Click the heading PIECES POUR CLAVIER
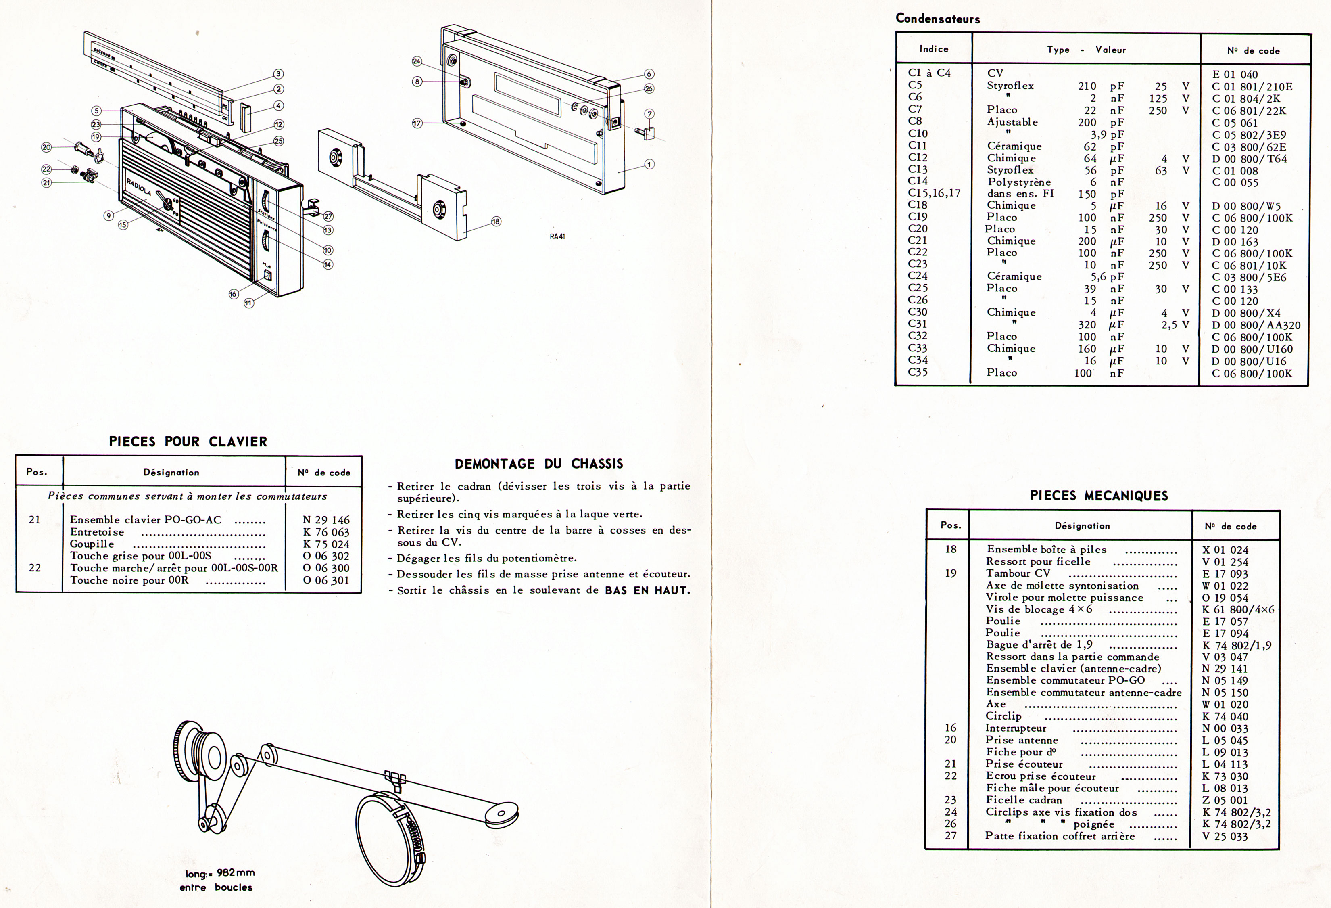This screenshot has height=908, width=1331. click(188, 441)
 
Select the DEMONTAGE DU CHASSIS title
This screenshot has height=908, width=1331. click(538, 464)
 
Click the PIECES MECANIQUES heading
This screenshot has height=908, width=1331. click(1098, 496)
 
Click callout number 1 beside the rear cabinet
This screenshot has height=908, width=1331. click(649, 164)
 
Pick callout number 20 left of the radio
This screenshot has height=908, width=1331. click(46, 147)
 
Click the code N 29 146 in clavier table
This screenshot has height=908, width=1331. click(326, 520)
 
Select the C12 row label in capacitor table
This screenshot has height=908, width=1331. click(918, 157)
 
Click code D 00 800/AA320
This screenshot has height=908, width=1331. click(1256, 325)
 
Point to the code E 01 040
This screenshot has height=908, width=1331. click(1235, 75)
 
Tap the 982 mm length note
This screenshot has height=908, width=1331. click(220, 873)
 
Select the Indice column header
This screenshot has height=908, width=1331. click(934, 49)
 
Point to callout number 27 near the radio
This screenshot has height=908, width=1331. click(328, 217)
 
